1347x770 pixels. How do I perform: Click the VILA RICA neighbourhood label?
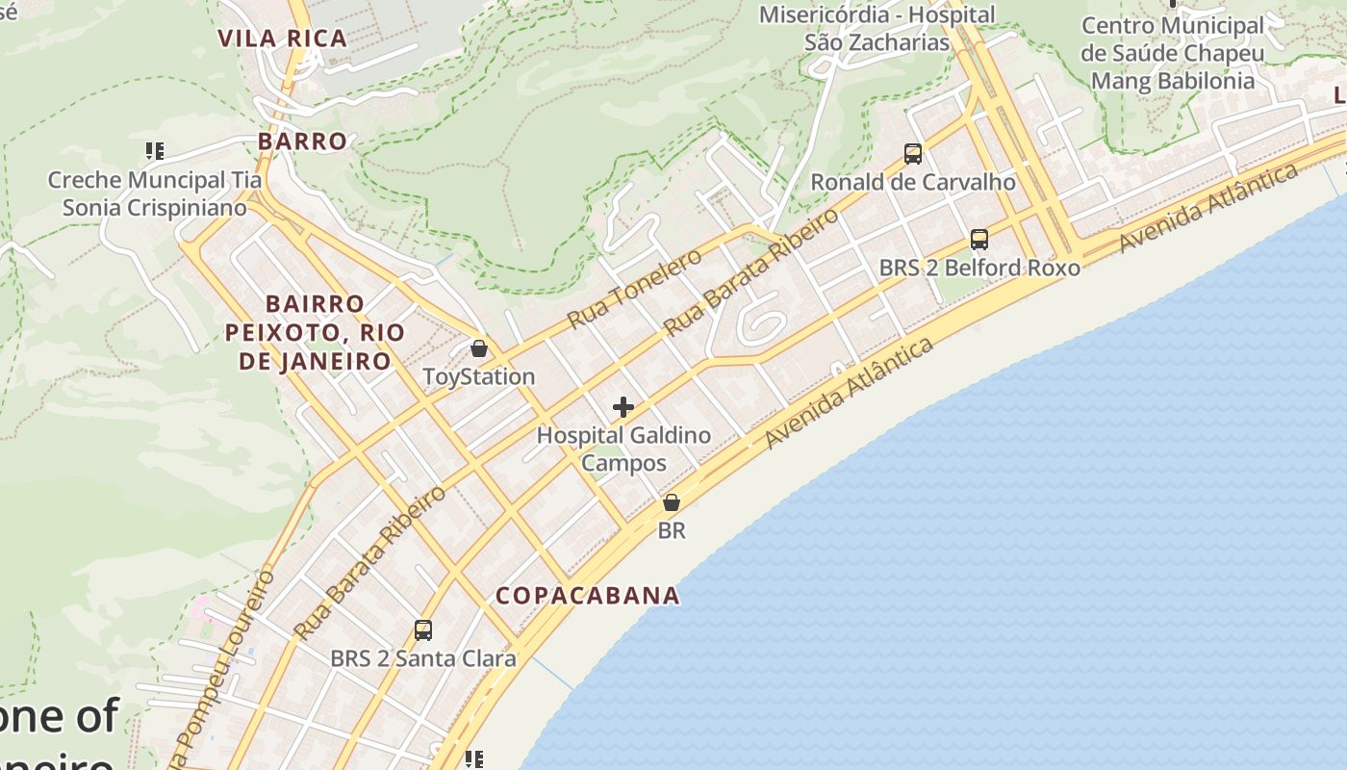point(282,38)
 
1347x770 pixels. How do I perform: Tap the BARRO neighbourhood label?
point(302,141)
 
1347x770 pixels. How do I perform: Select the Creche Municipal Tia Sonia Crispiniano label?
point(155,193)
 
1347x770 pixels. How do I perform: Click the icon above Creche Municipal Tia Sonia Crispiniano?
point(155,151)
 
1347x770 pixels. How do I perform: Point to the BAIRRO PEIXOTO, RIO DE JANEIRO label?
point(315,332)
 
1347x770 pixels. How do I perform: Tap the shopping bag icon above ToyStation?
point(479,348)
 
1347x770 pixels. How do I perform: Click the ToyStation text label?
point(479,376)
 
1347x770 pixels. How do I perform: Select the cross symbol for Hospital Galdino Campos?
point(623,407)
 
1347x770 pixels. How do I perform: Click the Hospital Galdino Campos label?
point(623,449)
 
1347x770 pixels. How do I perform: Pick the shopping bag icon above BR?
point(672,502)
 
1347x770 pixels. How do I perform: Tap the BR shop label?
point(672,530)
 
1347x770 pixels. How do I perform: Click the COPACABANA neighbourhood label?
point(588,596)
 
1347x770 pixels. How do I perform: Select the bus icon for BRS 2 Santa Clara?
point(422,630)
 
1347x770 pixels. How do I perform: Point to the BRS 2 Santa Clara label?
point(422,659)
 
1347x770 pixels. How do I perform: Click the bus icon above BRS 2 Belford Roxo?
point(979,240)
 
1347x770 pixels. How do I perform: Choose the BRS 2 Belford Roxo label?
point(979,268)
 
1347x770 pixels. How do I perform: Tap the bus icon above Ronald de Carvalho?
point(913,153)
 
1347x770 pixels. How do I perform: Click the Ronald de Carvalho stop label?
point(913,182)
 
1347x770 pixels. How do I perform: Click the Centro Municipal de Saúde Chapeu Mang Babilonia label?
point(1172,53)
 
